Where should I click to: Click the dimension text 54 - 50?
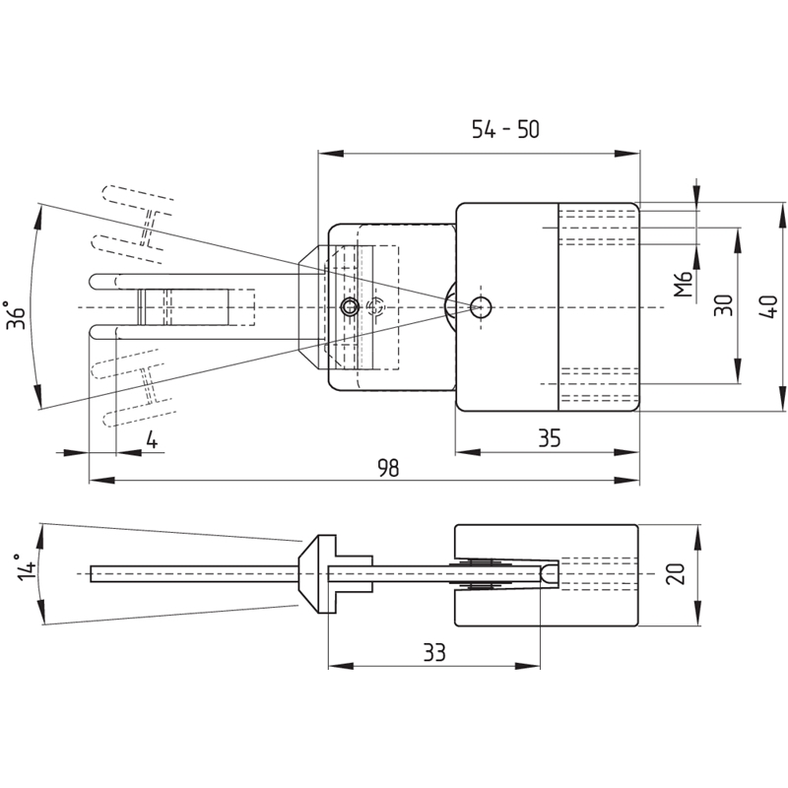tap(506, 129)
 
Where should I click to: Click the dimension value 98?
tap(389, 468)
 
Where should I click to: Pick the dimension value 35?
tap(549, 439)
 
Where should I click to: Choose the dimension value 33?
tap(433, 652)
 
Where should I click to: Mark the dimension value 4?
tap(152, 439)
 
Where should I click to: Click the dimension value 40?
tap(771, 306)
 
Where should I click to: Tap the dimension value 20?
tap(675, 574)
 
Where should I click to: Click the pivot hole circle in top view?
tap(480, 305)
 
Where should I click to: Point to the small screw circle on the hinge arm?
tap(349, 307)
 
